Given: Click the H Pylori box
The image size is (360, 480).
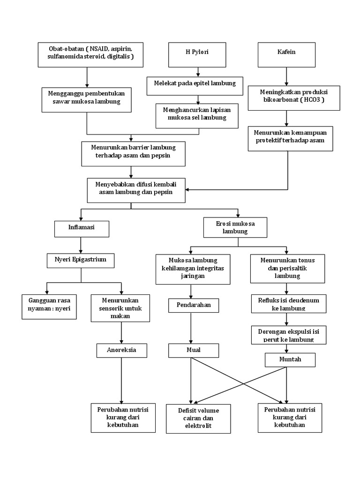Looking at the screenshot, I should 197,54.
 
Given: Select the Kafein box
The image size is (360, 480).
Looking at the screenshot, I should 286,54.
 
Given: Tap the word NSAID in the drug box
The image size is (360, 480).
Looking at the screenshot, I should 99,49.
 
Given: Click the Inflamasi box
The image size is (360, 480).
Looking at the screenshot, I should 82,229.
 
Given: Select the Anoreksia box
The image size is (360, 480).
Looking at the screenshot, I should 121,350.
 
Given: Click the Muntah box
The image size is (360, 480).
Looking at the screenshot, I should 290,360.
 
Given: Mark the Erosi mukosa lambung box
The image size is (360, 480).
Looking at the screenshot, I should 235,227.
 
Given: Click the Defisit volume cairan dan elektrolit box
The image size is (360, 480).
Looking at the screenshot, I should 198,418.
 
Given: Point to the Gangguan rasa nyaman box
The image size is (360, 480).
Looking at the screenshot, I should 49,307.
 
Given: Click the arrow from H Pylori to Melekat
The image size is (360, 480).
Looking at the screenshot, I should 198,71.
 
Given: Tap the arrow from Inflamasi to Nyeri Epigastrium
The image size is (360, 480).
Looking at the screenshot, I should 81,245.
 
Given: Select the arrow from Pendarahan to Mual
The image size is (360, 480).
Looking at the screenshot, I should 190,328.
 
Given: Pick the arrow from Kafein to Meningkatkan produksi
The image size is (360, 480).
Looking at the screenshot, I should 286,76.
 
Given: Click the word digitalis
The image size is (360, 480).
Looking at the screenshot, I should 120,57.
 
